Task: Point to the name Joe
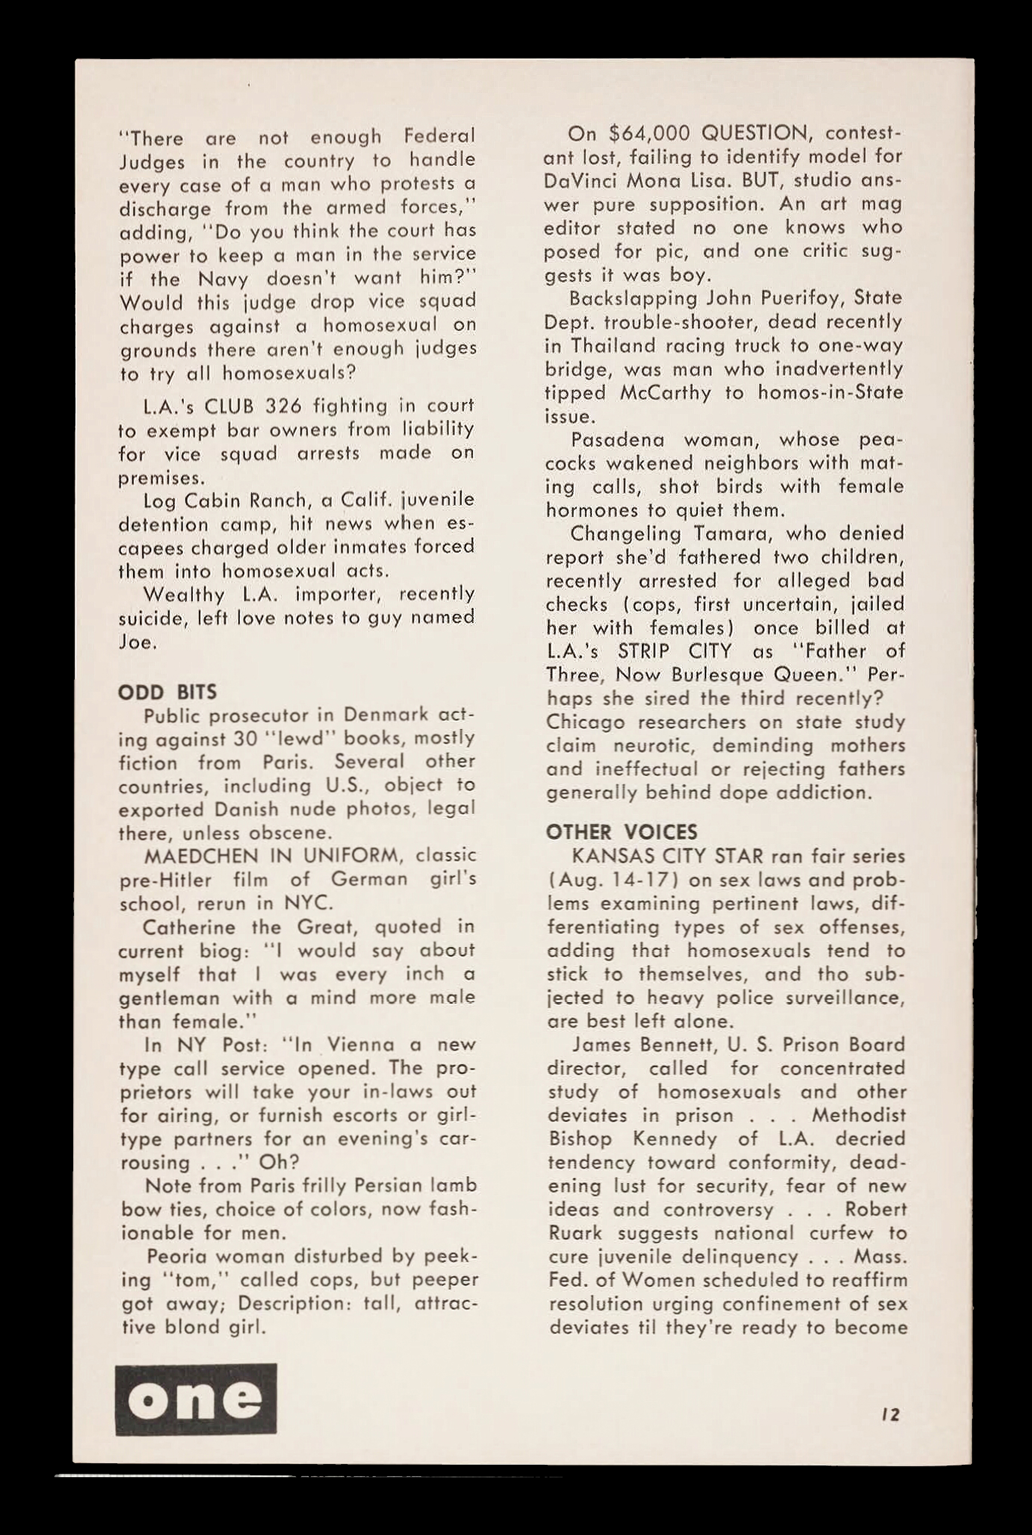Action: click(x=136, y=642)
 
